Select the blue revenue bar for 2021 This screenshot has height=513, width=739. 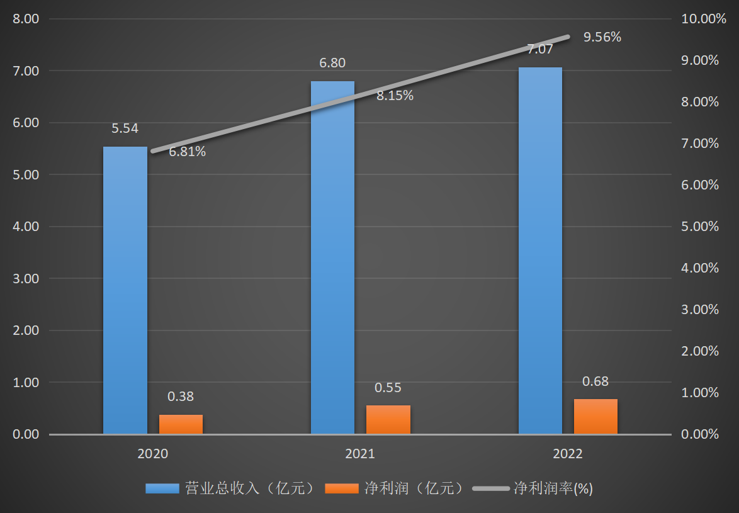[332, 258]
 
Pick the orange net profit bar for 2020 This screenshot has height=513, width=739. [181, 424]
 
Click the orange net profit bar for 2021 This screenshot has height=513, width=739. [388, 420]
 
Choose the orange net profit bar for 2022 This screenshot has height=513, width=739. [595, 417]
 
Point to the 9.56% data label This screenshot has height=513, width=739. [602, 37]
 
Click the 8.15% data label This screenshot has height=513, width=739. [395, 96]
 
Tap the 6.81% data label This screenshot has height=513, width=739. [187, 152]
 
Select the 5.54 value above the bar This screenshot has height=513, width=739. [125, 128]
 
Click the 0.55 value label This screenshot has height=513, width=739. [388, 388]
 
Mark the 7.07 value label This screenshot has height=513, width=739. [540, 49]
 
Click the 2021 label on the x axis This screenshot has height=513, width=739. [360, 454]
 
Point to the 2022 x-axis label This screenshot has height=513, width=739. [568, 454]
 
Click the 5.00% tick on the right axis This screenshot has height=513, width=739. [700, 227]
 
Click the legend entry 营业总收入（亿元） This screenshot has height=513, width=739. [230, 488]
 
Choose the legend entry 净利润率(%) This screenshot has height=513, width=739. [533, 488]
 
